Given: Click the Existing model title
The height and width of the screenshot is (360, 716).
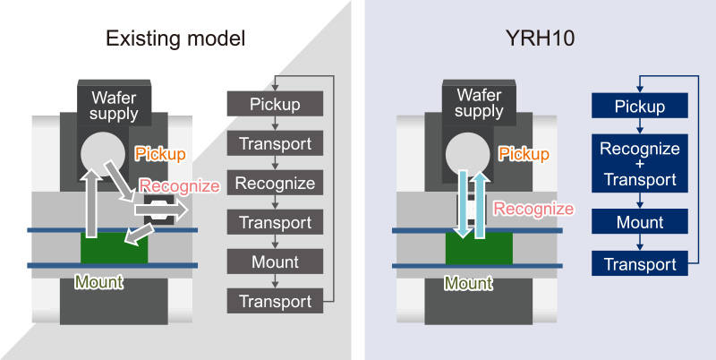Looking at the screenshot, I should click(175, 39).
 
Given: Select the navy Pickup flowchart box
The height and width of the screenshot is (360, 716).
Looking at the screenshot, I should click(639, 107).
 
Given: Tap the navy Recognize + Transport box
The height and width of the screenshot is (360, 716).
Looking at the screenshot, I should click(639, 164).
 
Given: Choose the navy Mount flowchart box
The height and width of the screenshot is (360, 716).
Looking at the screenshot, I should click(639, 221).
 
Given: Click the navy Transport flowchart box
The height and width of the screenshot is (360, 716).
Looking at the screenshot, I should click(639, 263).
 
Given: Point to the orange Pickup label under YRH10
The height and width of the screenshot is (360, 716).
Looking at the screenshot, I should click(524, 154).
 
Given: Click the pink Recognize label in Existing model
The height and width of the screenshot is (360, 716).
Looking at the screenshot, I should click(179, 186).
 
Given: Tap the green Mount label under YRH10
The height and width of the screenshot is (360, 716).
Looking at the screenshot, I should click(469, 284).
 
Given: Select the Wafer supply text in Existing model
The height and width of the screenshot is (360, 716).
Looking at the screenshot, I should click(114, 105).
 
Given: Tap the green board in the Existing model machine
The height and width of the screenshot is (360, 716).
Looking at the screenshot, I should click(114, 248).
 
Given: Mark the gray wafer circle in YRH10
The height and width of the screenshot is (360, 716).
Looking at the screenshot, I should click(471, 154).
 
